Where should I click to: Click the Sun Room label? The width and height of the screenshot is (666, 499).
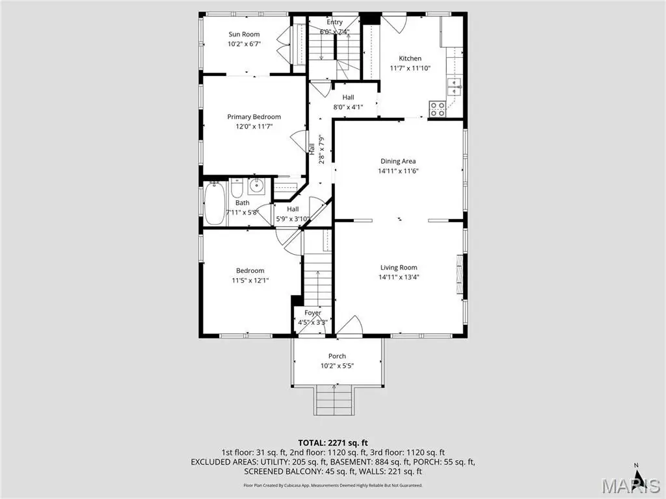(x=244, y=34)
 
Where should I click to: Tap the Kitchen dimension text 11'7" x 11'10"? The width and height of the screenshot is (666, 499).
(x=410, y=68)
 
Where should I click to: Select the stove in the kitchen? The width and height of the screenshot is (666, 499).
(x=438, y=109)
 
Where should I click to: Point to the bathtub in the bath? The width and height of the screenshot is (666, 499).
(x=214, y=203)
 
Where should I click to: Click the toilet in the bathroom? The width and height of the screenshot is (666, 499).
(x=237, y=189)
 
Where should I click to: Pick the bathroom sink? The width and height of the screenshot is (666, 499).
(x=256, y=186)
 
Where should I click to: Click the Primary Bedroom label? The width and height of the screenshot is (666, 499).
(x=254, y=117)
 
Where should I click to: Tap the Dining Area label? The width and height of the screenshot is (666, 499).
(x=398, y=161)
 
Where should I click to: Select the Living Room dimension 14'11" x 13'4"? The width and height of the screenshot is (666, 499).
(x=399, y=277)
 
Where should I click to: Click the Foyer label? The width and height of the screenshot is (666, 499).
(x=313, y=313)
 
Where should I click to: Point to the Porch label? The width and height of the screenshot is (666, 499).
(x=337, y=356)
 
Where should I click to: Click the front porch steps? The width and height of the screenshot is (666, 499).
(x=334, y=400)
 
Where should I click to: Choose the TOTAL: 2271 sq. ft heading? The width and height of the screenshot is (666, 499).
(x=333, y=443)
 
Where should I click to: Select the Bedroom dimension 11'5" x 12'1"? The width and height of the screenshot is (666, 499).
(x=250, y=280)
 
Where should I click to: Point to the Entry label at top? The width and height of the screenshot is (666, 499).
(x=335, y=22)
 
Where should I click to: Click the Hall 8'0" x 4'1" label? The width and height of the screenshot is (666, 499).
(x=349, y=102)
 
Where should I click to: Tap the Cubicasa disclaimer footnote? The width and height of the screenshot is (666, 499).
(x=333, y=485)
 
